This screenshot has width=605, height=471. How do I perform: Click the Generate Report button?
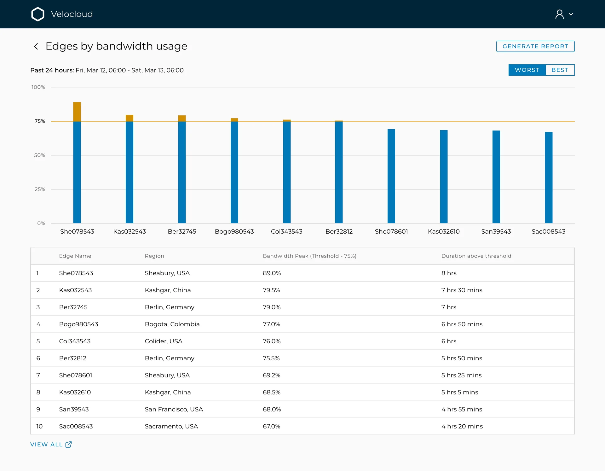[535, 46]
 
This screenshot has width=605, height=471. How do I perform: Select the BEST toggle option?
[560, 70]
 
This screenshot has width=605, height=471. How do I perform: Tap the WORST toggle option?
[527, 70]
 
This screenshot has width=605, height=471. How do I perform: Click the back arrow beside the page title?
[36, 46]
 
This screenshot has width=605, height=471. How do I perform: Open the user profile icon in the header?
[560, 14]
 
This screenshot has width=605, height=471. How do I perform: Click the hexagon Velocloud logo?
[38, 14]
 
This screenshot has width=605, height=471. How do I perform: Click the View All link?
[51, 444]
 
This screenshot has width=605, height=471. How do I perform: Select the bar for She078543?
[77, 163]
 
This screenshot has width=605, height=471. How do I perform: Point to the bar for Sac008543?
[549, 177]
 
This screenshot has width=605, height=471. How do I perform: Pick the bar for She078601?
[391, 176]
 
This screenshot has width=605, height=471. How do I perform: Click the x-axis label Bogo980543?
[234, 231]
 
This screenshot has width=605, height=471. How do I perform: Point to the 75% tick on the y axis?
[40, 121]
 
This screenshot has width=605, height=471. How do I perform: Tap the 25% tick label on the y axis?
[40, 189]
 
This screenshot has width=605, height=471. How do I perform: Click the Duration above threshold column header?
[476, 256]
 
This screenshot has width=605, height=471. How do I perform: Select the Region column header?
[154, 256]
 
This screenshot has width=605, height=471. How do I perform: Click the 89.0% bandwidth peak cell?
[272, 273]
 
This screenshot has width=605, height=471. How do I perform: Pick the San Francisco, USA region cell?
[174, 409]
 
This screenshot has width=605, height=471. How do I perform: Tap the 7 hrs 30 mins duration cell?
[462, 290]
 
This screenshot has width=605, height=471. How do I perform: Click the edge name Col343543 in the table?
[75, 341]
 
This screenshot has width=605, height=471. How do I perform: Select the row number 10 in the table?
[39, 426]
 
